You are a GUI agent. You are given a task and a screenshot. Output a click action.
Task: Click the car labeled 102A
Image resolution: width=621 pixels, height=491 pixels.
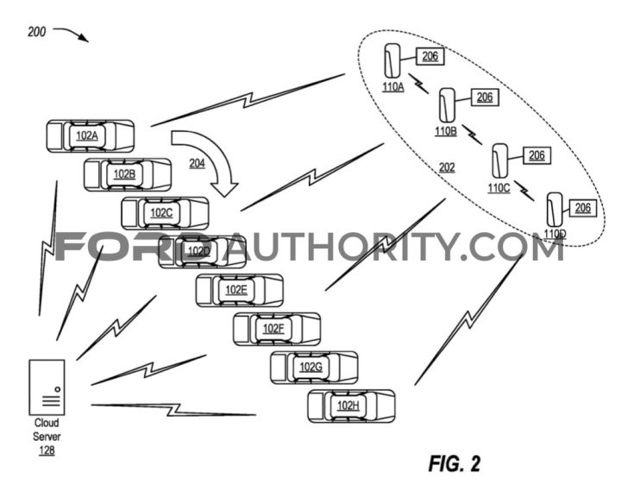pyautogui.click(x=91, y=136)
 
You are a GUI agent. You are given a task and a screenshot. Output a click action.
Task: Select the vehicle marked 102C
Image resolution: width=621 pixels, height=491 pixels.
pyautogui.click(x=165, y=213)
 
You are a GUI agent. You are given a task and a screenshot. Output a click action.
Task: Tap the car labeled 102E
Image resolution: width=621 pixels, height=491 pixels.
pyautogui.click(x=240, y=291)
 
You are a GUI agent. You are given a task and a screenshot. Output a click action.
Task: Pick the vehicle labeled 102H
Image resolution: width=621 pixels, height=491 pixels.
pyautogui.click(x=352, y=406)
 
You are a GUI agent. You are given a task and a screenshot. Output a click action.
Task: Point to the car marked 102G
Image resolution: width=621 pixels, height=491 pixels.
pyautogui.click(x=314, y=368)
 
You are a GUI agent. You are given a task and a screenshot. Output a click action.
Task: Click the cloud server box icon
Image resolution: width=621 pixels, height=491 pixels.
pyautogui.click(x=47, y=387)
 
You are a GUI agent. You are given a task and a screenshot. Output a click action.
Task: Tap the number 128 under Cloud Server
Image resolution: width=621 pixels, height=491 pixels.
pyautogui.click(x=47, y=450)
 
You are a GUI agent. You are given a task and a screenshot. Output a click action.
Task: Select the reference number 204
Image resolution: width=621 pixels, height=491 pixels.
pyautogui.click(x=198, y=163)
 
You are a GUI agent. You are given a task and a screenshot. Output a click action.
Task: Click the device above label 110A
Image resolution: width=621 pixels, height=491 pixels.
pyautogui.click(x=392, y=60)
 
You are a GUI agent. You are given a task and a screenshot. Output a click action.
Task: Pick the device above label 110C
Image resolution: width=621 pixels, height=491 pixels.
pyautogui.click(x=500, y=161)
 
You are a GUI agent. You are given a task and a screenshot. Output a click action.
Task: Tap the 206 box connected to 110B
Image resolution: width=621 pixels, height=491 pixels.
pyautogui.click(x=485, y=98)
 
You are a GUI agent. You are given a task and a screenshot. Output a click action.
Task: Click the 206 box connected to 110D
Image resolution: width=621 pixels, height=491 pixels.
pyautogui.click(x=583, y=208)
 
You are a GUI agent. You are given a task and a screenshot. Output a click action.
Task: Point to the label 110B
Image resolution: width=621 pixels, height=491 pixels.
pyautogui.click(x=446, y=131)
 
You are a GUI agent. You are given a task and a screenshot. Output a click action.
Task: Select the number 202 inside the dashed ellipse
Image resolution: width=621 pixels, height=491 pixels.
pyautogui.click(x=447, y=167)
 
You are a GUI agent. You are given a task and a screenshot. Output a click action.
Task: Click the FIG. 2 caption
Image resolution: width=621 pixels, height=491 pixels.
pyautogui.click(x=455, y=463)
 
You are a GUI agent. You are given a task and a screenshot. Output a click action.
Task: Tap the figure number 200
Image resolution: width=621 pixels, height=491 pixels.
pyautogui.click(x=37, y=32)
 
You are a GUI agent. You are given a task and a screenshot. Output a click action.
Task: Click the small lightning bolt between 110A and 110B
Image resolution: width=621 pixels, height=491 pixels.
pyautogui.click(x=419, y=83)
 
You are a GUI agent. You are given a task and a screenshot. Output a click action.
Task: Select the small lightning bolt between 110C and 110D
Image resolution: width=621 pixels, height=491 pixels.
pyautogui.click(x=524, y=191)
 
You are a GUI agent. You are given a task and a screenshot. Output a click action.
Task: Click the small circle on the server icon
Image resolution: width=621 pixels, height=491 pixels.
pyautogui.click(x=58, y=389)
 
